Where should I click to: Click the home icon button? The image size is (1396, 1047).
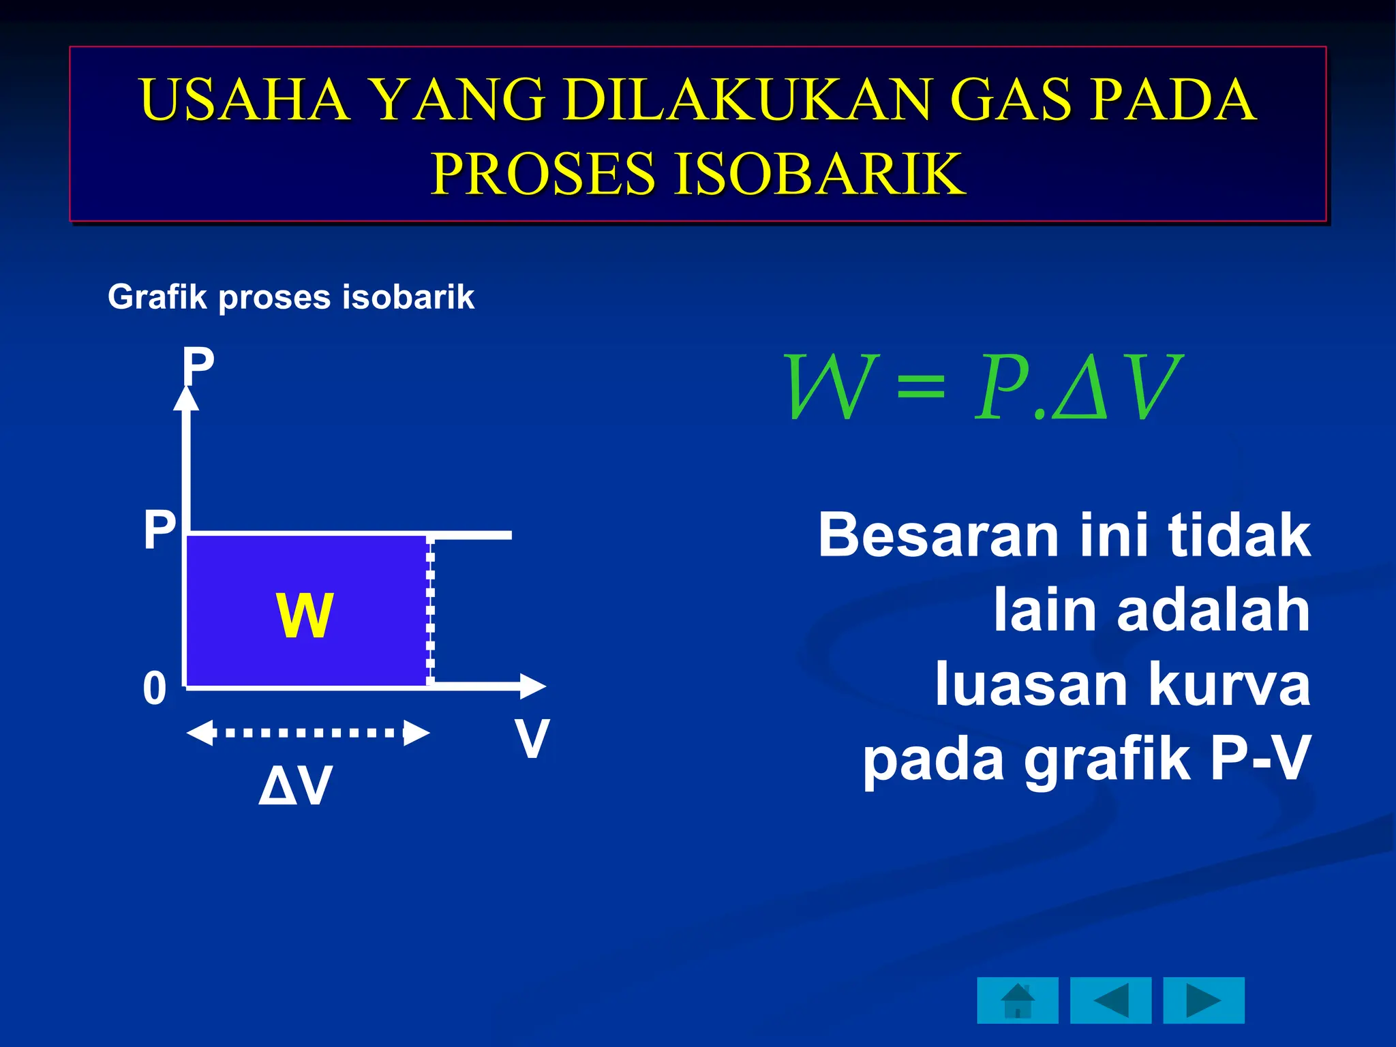pos(1017,1001)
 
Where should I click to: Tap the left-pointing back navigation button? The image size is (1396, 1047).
pos(1110,1001)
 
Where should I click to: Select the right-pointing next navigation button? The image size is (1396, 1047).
pos(1203,1001)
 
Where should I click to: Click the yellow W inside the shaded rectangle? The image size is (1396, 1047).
pos(305,616)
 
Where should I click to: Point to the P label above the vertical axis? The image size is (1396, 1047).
pos(198,367)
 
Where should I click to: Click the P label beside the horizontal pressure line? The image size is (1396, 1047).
pos(160,530)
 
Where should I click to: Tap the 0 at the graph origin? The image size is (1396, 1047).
pos(155,688)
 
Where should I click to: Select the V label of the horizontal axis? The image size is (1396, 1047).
pos(532,738)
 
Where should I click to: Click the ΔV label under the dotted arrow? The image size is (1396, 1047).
pos(296,786)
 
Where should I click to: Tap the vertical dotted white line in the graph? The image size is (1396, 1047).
pos(430,610)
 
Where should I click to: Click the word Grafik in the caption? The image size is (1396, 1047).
pos(157,297)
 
